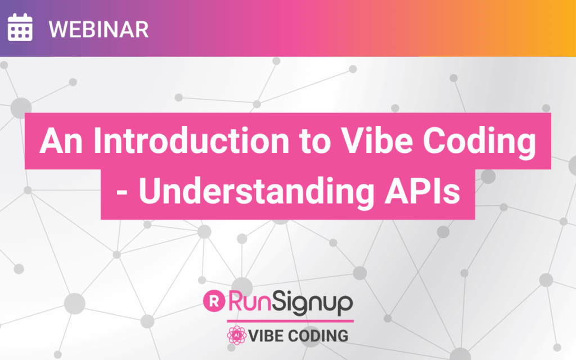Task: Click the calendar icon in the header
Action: click(20, 27)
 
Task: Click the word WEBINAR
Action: click(99, 29)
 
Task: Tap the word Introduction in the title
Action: click(191, 141)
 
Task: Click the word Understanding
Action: click(256, 191)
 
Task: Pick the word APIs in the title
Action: click(422, 191)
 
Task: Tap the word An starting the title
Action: click(61, 141)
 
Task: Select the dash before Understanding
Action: click(122, 192)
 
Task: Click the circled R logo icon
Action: click(214, 301)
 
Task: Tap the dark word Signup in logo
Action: click(312, 303)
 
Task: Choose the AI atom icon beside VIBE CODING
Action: click(237, 335)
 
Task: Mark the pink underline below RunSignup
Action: click(290, 321)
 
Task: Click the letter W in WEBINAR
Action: click(58, 29)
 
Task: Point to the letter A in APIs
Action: click(398, 191)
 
